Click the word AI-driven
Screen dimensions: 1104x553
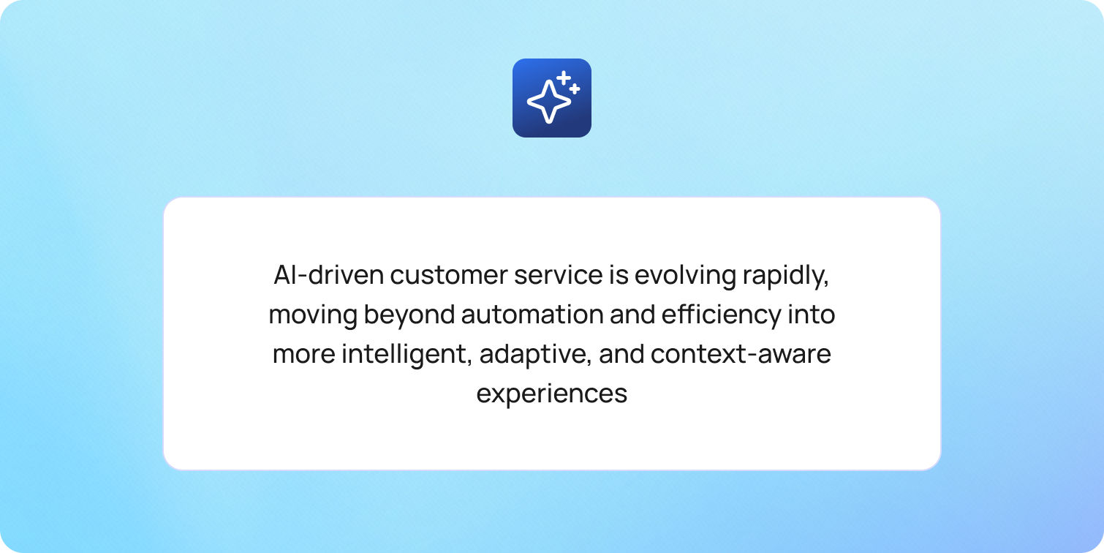(x=329, y=275)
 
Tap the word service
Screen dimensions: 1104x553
(x=559, y=275)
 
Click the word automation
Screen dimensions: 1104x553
(x=532, y=315)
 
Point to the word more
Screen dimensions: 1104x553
(x=303, y=355)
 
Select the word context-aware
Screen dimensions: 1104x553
(x=741, y=354)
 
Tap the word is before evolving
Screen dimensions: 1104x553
(x=619, y=275)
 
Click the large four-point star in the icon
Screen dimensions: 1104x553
(x=548, y=102)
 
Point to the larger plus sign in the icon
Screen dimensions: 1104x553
(x=564, y=78)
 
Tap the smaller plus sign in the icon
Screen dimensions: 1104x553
(x=574, y=89)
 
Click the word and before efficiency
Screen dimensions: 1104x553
(x=632, y=315)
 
